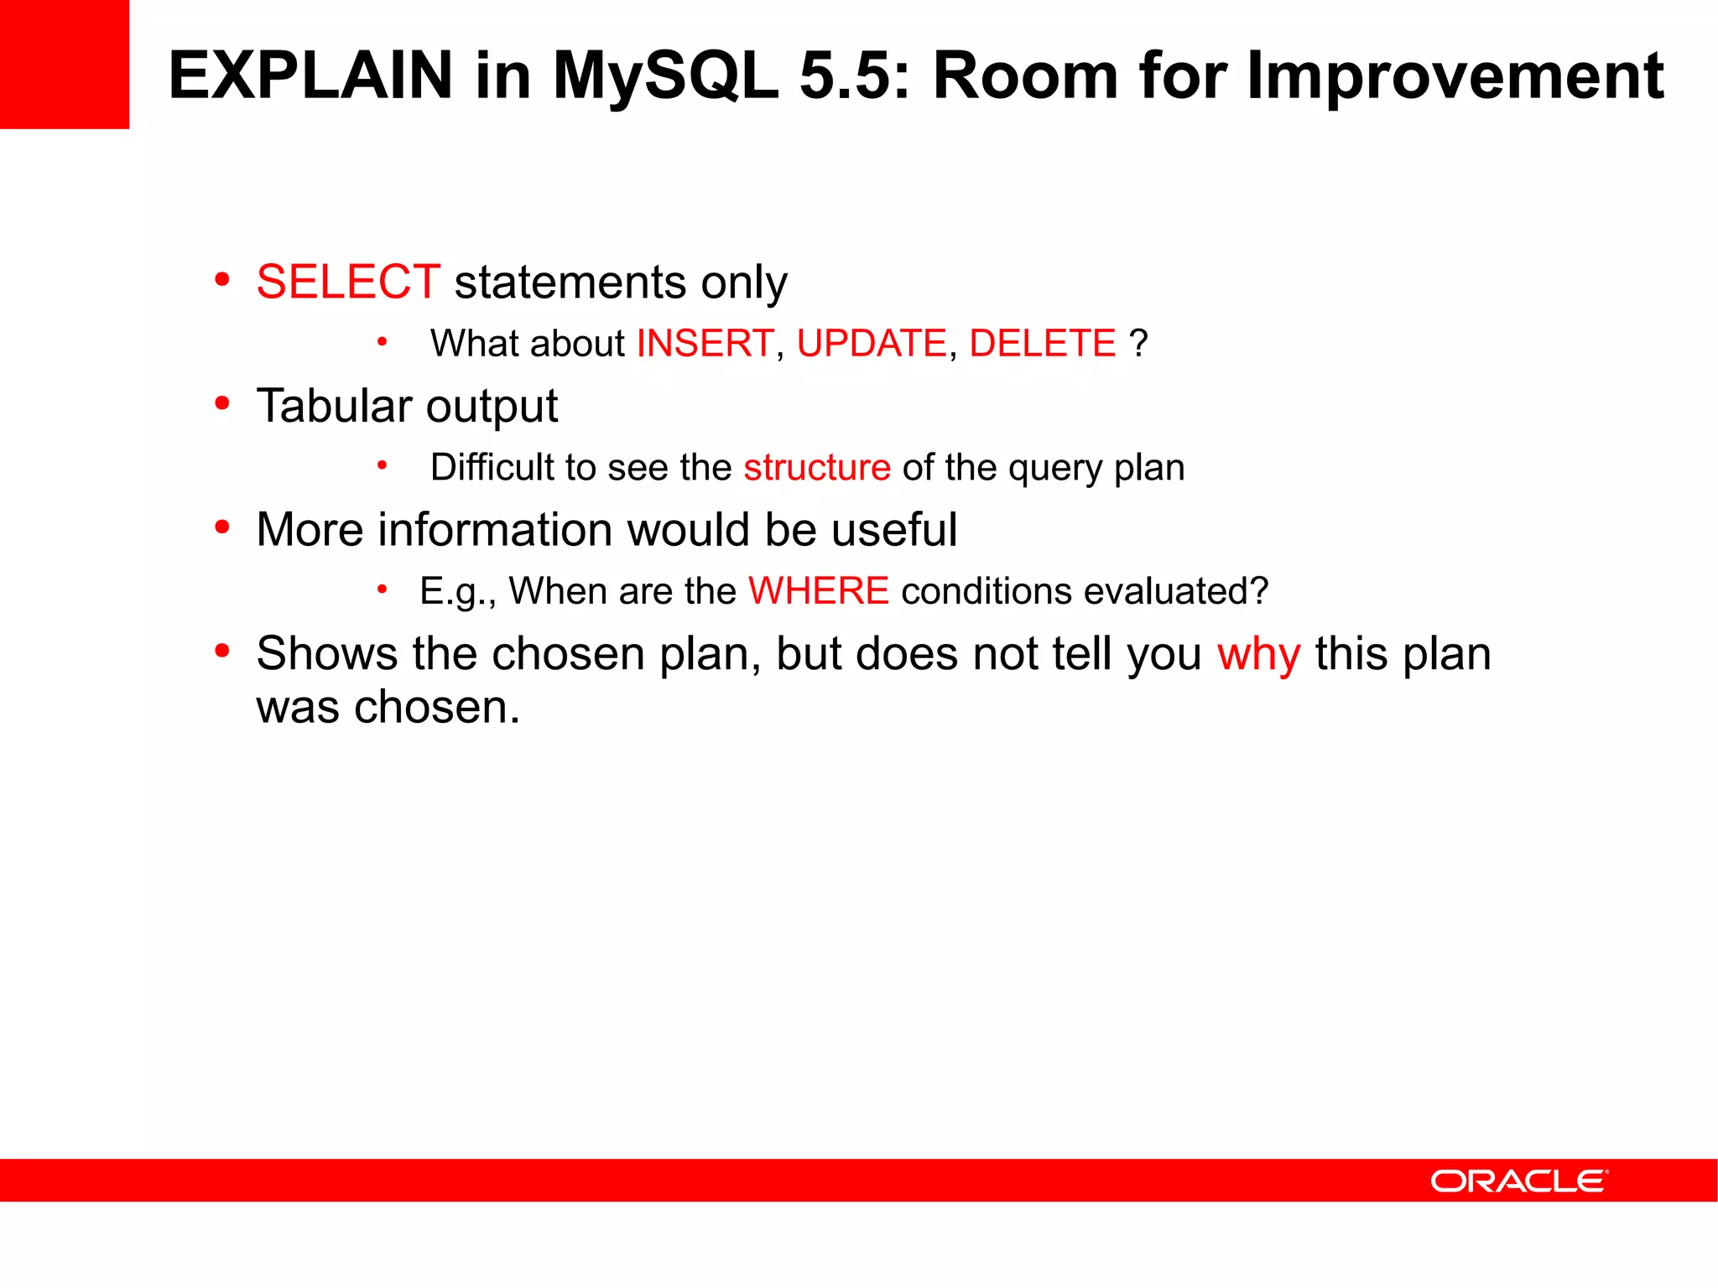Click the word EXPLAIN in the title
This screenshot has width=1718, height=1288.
click(310, 75)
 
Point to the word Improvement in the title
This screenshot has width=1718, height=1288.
click(1455, 75)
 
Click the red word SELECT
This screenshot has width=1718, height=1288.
click(348, 282)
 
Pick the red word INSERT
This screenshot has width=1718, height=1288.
click(705, 344)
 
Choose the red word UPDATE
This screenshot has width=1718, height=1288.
click(872, 344)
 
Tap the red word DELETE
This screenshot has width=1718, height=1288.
click(1042, 344)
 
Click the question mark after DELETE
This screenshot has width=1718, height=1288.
click(1138, 344)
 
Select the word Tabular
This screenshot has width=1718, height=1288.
click(334, 406)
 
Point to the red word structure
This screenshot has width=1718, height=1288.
click(817, 467)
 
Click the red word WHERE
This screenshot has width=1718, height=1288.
click(818, 591)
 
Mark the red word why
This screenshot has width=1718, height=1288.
click(1258, 655)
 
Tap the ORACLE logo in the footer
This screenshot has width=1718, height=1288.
click(1518, 1181)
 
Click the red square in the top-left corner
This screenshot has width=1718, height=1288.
click(64, 64)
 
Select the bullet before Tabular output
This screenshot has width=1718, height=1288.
click(222, 404)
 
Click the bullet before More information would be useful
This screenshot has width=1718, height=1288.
click(222, 527)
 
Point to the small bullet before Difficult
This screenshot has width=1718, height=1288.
click(383, 465)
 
